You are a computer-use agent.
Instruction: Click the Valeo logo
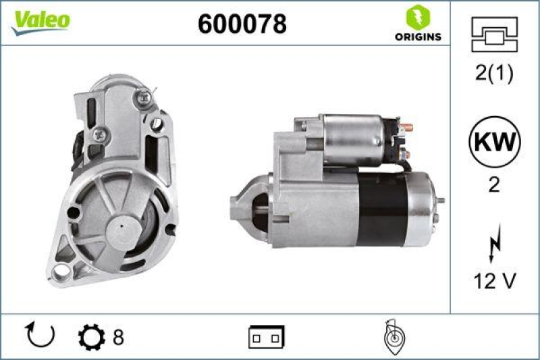39,20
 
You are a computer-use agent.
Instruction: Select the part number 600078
242,24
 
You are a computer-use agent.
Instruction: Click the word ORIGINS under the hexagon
418,36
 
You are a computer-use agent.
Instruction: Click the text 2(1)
493,75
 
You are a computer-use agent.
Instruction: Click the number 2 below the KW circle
493,185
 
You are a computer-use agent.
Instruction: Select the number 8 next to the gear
118,336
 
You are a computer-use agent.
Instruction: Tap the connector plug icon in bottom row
267,336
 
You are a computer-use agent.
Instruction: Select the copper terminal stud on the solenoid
408,126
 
